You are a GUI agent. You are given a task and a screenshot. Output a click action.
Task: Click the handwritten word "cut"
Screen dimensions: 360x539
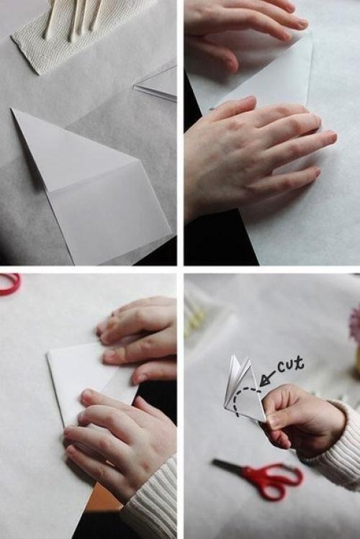pyautogui.click(x=291, y=364)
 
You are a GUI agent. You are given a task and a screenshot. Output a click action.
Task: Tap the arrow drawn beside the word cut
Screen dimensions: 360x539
pyautogui.click(x=268, y=379)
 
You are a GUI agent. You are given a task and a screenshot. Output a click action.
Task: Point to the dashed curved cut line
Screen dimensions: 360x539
pyautogui.click(x=245, y=399)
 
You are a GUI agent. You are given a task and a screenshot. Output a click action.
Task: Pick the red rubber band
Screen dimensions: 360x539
pyautogui.click(x=9, y=284)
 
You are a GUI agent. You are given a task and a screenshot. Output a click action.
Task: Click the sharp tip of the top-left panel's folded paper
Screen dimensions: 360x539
pyautogui.click(x=12, y=109)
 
